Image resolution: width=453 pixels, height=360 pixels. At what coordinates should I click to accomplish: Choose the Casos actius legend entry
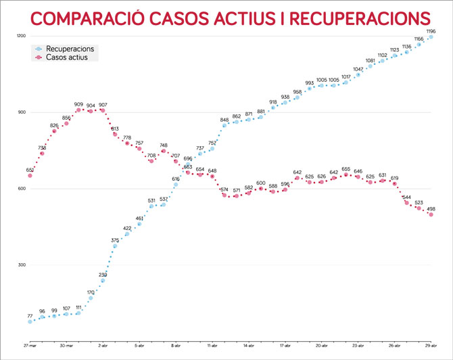[x=70, y=58]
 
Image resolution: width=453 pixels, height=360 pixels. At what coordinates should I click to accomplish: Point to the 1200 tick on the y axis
[x=20, y=36]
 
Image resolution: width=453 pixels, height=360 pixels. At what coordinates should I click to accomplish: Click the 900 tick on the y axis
[x=22, y=112]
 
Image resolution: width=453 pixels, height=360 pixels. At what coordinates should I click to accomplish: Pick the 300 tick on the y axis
[x=22, y=265]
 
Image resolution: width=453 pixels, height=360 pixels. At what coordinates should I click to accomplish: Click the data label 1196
[x=431, y=31]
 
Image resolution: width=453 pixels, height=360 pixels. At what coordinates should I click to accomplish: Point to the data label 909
[x=78, y=104]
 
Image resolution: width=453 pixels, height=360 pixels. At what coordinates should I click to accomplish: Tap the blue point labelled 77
[x=30, y=322]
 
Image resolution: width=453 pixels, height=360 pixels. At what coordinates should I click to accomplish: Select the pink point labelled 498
[x=431, y=215]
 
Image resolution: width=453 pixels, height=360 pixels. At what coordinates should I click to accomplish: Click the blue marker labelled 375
[x=115, y=246]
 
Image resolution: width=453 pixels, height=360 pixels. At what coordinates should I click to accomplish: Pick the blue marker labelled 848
[x=224, y=125]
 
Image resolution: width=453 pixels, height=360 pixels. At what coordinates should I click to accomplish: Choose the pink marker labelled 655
[x=346, y=175]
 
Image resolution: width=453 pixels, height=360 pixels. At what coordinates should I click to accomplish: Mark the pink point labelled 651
[x=30, y=176]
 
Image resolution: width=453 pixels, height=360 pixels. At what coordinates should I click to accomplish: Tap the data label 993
[x=310, y=83]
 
